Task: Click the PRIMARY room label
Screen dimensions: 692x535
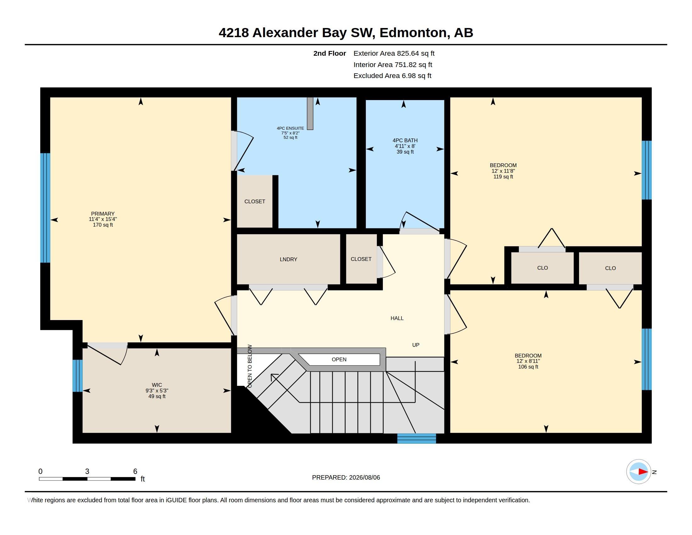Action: [103, 214]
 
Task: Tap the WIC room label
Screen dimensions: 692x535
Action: [157, 385]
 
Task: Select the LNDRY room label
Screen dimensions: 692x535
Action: [288, 259]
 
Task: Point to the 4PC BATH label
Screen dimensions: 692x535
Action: [405, 140]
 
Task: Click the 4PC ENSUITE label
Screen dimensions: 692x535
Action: [290, 128]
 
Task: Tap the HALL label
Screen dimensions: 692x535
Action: [397, 318]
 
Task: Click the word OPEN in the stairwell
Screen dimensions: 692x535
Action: [339, 359]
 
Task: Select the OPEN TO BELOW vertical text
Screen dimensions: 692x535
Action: [250, 366]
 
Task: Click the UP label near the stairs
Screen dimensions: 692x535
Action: [416, 345]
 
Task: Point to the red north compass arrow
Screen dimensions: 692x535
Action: [643, 472]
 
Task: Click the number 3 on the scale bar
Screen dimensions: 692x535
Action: [87, 471]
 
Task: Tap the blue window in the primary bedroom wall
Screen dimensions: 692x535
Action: [45, 208]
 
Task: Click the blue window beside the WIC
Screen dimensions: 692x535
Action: [77, 375]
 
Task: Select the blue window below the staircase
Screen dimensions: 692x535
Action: [417, 438]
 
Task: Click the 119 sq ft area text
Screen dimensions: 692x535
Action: [503, 177]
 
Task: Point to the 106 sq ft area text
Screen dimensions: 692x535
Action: [528, 367]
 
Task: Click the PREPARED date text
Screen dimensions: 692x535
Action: [346, 477]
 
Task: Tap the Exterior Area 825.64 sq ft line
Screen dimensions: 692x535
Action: [394, 53]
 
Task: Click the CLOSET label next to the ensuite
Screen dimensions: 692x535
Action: [255, 202]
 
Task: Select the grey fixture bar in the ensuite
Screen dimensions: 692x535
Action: [310, 114]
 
